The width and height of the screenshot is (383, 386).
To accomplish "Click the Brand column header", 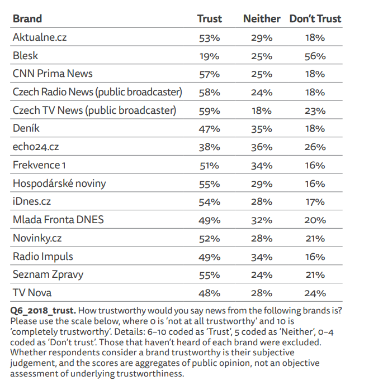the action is (x=27, y=19).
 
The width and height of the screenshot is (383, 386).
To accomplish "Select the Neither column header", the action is (x=262, y=19).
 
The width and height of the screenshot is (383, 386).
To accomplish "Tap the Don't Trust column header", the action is (x=315, y=19).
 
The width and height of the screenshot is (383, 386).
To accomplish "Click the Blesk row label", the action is (x=25, y=56).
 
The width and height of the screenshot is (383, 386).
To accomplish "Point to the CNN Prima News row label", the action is (x=53, y=74).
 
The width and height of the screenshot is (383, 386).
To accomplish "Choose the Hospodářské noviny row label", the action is (x=59, y=184).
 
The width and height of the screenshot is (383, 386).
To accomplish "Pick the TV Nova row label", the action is (x=32, y=293).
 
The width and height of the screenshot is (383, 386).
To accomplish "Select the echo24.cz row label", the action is (x=36, y=147).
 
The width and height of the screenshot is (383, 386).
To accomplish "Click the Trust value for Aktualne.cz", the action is (x=210, y=38).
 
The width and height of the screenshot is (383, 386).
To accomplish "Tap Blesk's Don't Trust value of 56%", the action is (x=315, y=56).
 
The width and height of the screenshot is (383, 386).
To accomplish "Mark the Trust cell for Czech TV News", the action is (x=210, y=111).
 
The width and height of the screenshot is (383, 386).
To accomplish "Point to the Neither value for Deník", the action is (x=262, y=129).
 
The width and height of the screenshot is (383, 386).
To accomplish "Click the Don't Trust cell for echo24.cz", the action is (x=315, y=147).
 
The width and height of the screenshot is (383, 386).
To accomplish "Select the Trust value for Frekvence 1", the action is (x=210, y=166).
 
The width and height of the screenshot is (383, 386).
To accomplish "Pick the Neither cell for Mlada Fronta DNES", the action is (x=262, y=220).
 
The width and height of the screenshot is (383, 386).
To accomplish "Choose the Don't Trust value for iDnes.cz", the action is (x=315, y=202).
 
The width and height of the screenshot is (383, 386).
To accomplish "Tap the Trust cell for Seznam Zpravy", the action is (x=210, y=275).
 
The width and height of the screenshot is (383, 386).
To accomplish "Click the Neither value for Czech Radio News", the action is (x=262, y=93).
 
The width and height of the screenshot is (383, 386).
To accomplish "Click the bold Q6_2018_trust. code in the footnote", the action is (x=43, y=311).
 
